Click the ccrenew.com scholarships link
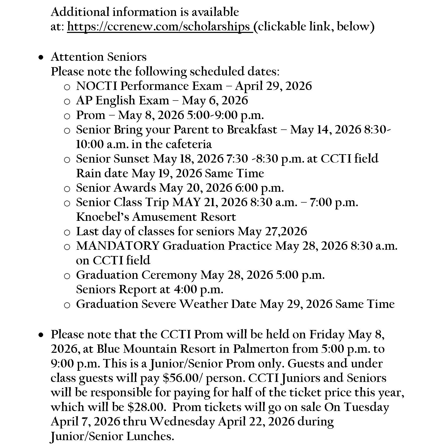point(160,27)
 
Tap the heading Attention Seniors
point(99,57)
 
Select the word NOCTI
point(97,86)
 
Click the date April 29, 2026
point(273,86)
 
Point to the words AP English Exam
point(122,101)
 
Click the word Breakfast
point(252,130)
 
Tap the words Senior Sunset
point(113,159)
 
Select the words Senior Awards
point(116,188)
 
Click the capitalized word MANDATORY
point(118,246)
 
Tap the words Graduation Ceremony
point(136,275)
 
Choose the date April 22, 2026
point(256,422)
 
